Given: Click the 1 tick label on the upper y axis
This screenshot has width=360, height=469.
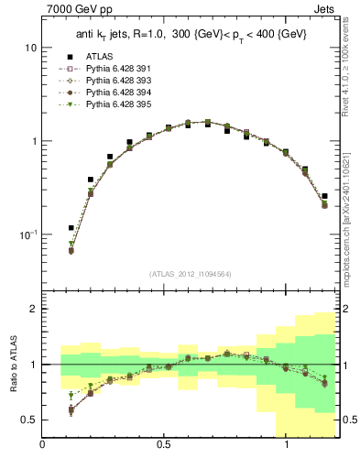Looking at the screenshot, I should pos(33,141).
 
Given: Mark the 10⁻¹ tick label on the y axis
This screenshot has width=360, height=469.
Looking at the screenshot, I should pos(28,234).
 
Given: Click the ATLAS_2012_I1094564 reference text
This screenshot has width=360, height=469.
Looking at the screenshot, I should pos(190,274).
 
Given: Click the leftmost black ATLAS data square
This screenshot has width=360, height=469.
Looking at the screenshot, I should pos(71,228).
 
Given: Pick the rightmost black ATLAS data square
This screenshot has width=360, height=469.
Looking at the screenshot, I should pos(324,195).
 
